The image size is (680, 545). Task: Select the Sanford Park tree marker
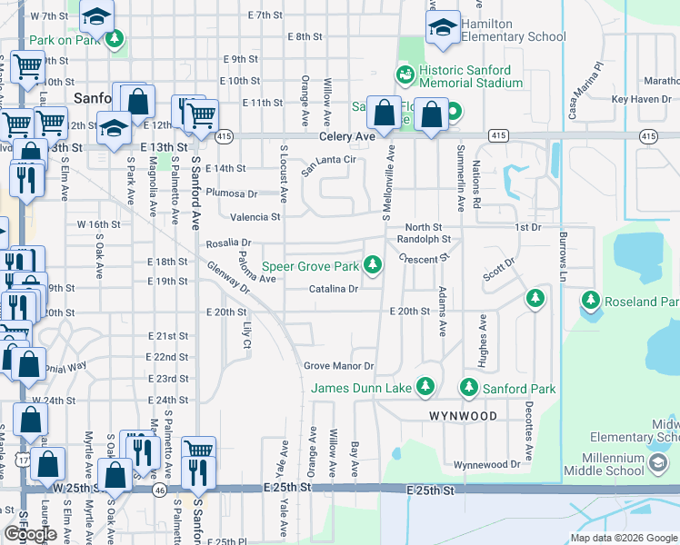[469, 387]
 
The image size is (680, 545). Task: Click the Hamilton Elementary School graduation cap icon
[443, 29]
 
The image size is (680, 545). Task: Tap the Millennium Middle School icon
[656, 463]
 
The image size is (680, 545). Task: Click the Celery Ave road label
[347, 136]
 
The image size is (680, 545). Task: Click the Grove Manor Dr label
[338, 366]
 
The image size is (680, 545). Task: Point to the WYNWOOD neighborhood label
[463, 416]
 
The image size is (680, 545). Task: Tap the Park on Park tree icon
[115, 39]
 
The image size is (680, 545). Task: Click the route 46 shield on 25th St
[160, 490]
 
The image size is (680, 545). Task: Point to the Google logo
[29, 534]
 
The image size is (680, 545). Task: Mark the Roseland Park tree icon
[591, 299]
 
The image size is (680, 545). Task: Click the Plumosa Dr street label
[231, 193]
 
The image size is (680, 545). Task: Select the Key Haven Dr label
[641, 99]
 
